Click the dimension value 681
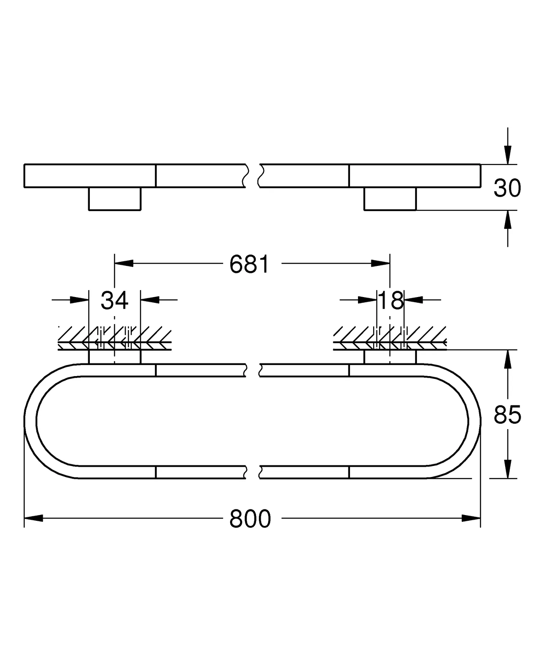coord(249,264)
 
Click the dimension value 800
coord(250,519)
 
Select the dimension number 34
coord(115,300)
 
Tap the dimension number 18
coord(391,300)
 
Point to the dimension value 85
coord(507,415)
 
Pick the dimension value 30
coord(507,188)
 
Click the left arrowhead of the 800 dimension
coord(33,518)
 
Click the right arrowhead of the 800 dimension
coord(472,518)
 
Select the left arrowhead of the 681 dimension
coord(124,263)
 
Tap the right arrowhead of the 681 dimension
coord(381,263)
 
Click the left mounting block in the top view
coord(115,199)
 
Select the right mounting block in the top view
coord(390,199)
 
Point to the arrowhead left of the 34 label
coord(79,300)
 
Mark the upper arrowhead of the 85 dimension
coord(508,359)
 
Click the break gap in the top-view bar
coord(253,176)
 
